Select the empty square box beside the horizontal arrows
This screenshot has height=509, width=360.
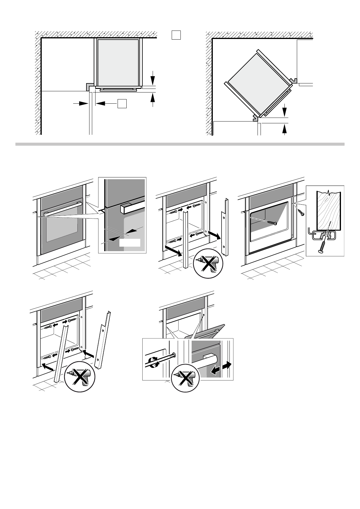(122, 103)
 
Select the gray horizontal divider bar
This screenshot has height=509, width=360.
(180, 144)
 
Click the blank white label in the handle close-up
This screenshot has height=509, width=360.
(130, 242)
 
